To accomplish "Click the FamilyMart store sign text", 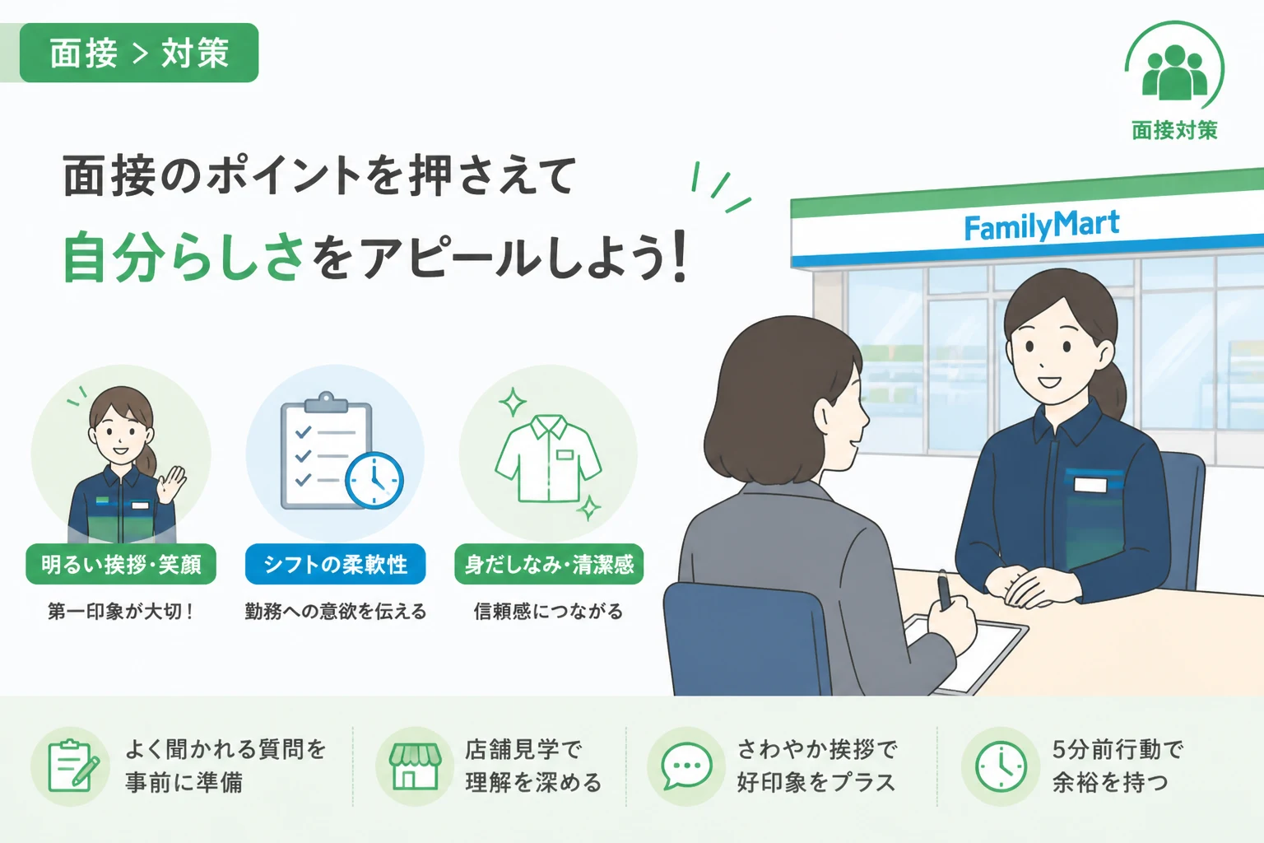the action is (x=1042, y=226).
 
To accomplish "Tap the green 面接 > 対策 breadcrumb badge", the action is (x=139, y=53).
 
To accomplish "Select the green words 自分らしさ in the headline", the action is (x=184, y=258).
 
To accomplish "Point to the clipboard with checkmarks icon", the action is (x=326, y=450).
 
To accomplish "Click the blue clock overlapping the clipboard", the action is (x=374, y=481).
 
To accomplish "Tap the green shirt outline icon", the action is (x=549, y=459).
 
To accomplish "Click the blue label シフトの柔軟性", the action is (x=335, y=564).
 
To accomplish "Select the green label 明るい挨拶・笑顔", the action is (x=121, y=564).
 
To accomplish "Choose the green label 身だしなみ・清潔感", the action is (x=549, y=564).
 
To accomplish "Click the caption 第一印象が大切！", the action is (x=121, y=612).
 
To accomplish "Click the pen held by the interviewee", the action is (x=944, y=589).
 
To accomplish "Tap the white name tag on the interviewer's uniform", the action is (x=1090, y=485).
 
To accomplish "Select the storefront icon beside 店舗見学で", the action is (x=415, y=766).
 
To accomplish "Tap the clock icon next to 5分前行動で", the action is (x=1001, y=766).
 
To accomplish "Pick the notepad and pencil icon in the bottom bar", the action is (x=72, y=766).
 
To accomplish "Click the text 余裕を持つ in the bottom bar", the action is (x=1109, y=783).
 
